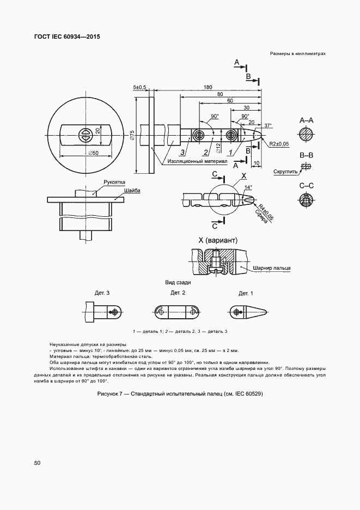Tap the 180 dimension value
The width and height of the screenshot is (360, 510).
(x=208, y=87)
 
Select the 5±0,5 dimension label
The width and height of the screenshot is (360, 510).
(x=140, y=87)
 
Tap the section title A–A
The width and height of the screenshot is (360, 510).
(x=306, y=120)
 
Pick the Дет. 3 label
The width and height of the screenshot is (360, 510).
(x=102, y=293)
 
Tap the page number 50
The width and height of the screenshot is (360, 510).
(x=37, y=463)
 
